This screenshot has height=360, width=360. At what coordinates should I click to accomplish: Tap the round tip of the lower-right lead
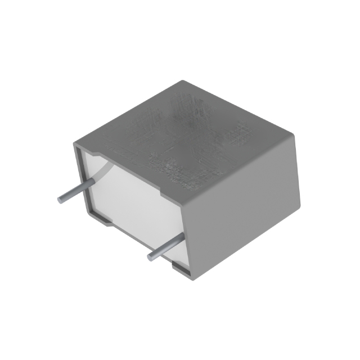coord(151,258)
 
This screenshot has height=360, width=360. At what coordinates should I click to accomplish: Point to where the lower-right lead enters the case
coord(181,239)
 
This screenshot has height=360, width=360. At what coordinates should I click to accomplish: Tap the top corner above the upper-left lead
coord(75,145)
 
